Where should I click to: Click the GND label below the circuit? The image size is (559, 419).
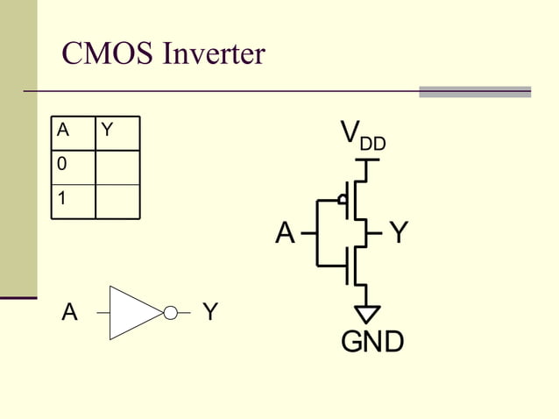(372, 342)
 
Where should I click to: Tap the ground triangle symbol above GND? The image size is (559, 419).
(369, 313)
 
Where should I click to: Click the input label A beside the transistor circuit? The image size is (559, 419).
(285, 233)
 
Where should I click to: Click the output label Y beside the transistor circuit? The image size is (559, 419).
(399, 233)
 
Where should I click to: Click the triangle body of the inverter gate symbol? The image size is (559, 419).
(131, 312)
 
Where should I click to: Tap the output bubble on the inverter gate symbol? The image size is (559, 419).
(171, 312)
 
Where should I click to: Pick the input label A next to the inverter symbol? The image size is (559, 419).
(69, 312)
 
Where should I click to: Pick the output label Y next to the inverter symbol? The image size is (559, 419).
(210, 312)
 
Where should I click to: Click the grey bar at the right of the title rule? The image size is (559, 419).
(475, 91)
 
